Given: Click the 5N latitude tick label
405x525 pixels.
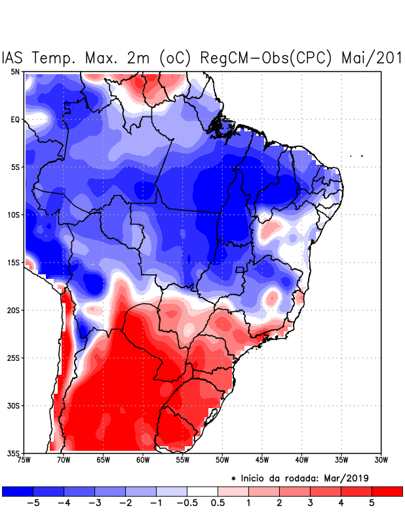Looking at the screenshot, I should coord(15,72).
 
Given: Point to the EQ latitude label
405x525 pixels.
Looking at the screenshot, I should coord(15,119).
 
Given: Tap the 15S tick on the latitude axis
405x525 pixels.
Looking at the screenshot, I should coord(14,262).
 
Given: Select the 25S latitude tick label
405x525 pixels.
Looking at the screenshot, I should coord(14,358).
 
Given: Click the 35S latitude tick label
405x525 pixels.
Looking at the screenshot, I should coord(14,453).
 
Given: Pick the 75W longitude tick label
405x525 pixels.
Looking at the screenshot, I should coord(24,460).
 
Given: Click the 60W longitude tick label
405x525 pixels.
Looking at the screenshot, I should coord(143,460).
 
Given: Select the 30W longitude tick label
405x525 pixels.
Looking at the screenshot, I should coord(381,460).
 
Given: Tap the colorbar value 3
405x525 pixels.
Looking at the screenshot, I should coord(310,504).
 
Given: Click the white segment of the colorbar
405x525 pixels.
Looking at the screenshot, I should coord(202,491).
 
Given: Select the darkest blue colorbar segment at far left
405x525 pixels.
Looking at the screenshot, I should coord(18,491).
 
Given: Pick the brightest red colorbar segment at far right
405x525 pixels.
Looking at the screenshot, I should coord(387,491).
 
